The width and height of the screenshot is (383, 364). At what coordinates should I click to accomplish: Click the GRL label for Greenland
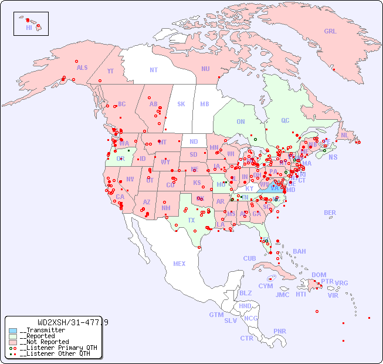pyautogui.click(x=330, y=32)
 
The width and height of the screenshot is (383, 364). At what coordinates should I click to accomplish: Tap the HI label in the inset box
pyautogui.click(x=29, y=28)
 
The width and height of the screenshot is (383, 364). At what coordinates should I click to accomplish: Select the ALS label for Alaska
pyautogui.click(x=82, y=68)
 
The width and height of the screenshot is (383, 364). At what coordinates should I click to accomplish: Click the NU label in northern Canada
pyautogui.click(x=205, y=69)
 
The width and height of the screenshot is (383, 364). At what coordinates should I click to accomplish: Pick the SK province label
pyautogui.click(x=181, y=104)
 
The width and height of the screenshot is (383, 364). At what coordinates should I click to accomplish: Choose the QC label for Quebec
pyautogui.click(x=285, y=120)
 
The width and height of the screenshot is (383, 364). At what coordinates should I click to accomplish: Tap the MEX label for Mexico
pyautogui.click(x=179, y=264)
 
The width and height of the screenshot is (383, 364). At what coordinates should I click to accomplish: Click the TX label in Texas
pyautogui.click(x=191, y=220)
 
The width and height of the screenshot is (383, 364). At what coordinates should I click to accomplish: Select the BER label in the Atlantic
pyautogui.click(x=330, y=213)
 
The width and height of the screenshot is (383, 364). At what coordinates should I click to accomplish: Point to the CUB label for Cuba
pyautogui.click(x=249, y=258)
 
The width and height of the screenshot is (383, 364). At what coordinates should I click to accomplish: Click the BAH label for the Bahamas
pyautogui.click(x=299, y=251)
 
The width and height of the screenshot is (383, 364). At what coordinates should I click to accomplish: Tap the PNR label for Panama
pyautogui.click(x=280, y=331)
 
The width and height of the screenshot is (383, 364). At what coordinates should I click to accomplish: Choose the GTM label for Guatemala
pyautogui.click(x=216, y=315)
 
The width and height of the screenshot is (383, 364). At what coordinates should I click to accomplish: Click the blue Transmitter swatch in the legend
pyautogui.click(x=13, y=331)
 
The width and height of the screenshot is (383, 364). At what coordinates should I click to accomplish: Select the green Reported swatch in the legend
pyautogui.click(x=13, y=336)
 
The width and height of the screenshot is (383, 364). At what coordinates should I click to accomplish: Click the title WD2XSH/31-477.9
pyautogui.click(x=72, y=322)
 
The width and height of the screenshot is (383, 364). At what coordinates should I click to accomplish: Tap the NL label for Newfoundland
pyautogui.click(x=344, y=135)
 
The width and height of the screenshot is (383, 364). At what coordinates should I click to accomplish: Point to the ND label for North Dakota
pyautogui.click(x=194, y=141)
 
